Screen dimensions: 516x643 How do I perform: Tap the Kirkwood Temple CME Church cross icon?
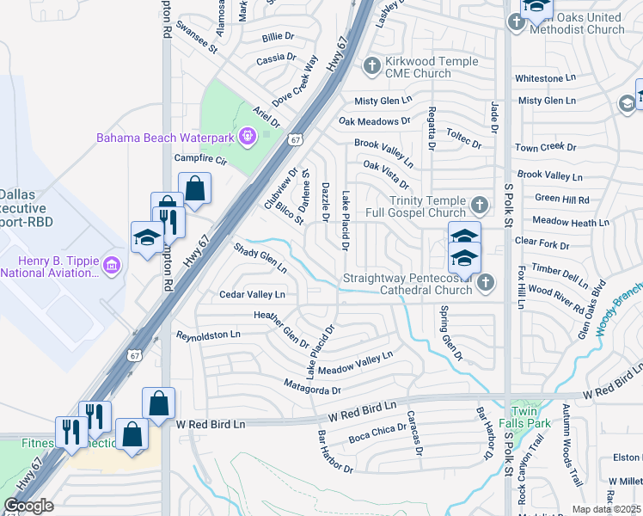[372, 65]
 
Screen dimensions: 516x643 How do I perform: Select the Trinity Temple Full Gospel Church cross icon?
[480, 205]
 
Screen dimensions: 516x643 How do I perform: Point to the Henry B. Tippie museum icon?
[109, 266]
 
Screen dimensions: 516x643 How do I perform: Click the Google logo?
[28, 506]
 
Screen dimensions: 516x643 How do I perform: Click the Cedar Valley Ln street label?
[252, 294]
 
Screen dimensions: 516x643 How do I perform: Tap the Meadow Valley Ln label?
[355, 362]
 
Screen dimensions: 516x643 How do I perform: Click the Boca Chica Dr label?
[377, 433]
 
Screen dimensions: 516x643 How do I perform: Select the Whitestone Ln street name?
[545, 78]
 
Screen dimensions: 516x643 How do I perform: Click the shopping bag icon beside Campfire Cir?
[195, 189]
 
